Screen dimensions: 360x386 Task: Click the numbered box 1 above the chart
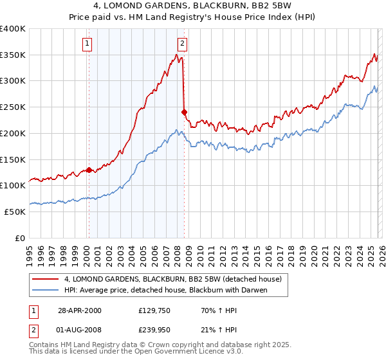click(x=87, y=44)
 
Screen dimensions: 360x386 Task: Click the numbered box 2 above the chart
click(x=182, y=44)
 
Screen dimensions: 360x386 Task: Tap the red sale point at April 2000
click(x=89, y=170)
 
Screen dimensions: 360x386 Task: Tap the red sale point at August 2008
click(x=184, y=113)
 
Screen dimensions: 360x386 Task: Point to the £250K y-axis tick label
click(x=13, y=107)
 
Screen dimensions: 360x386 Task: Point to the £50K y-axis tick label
click(x=15, y=212)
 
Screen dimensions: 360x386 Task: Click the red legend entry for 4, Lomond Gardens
click(x=172, y=280)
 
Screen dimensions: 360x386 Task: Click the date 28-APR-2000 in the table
click(x=79, y=310)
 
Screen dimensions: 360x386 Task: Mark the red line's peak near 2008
click(x=176, y=55)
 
